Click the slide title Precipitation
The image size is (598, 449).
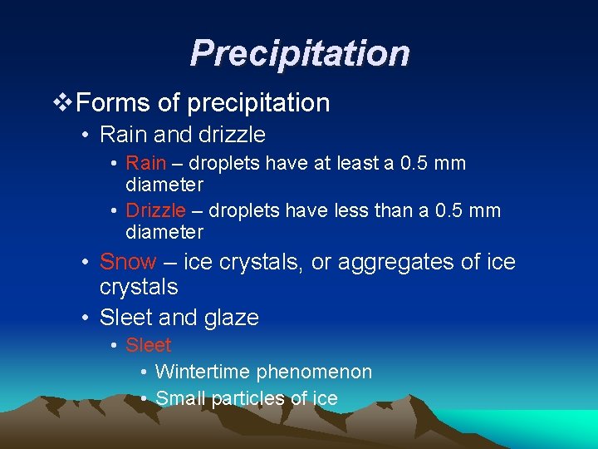coord(299,53)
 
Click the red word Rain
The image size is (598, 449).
coord(145,163)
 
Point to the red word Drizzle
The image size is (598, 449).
coord(155,210)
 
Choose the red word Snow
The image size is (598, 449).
coord(127,262)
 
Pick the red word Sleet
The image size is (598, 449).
coord(148,345)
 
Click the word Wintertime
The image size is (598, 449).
coord(203,372)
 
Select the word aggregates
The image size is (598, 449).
coord(389,262)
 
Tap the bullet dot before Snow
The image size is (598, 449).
coord(86,263)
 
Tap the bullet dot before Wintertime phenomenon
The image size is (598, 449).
coord(145,373)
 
